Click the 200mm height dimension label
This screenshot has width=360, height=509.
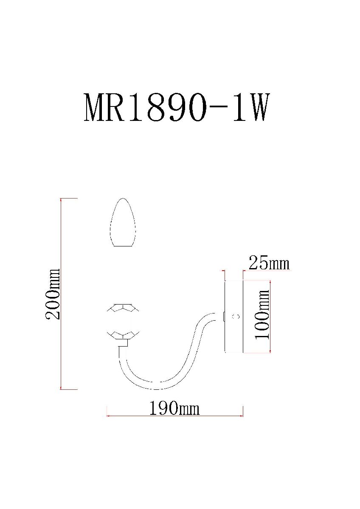[53, 294]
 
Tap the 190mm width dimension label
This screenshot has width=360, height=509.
[174, 408]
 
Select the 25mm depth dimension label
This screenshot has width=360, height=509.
[269, 263]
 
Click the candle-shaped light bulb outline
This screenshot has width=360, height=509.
[123, 223]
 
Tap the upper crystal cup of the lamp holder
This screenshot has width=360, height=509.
[123, 308]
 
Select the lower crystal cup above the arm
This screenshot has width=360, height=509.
[123, 335]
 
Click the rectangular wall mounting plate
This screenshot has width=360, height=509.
[233, 316]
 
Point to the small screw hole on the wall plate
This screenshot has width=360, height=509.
[237, 316]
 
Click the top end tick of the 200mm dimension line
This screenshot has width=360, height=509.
[62, 198]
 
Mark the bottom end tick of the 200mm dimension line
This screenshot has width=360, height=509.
[62, 389]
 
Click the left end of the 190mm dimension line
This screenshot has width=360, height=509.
[107, 416]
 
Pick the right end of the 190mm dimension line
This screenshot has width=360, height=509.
[242, 416]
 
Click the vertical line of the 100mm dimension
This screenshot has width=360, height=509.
[270, 316]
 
